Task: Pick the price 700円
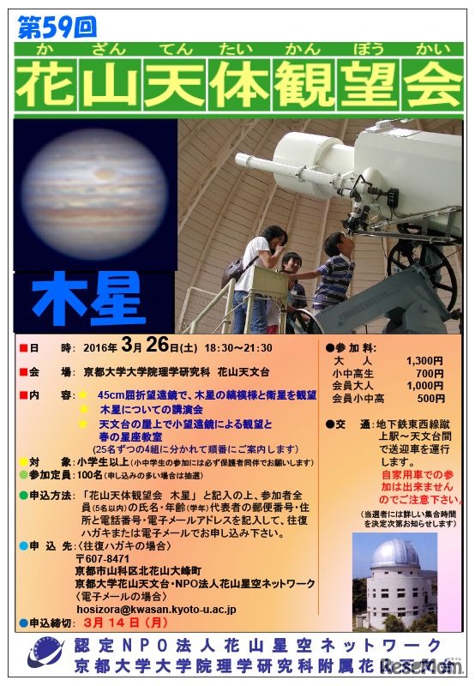pos(430,375)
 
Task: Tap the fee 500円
pos(430,399)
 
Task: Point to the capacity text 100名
pos(90,474)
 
